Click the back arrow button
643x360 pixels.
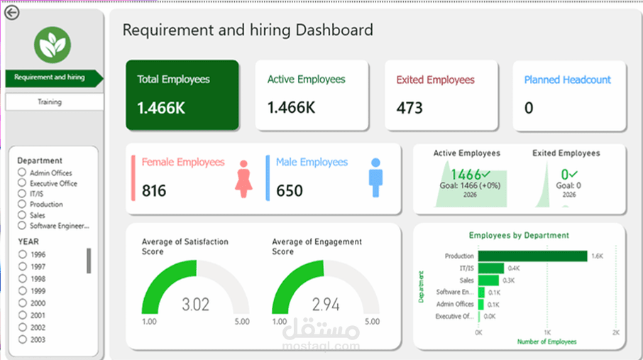click(12, 12)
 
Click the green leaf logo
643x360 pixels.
click(53, 45)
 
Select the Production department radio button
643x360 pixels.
click(22, 204)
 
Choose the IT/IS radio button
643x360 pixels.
click(22, 193)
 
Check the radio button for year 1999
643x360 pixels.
click(23, 291)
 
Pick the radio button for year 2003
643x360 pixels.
click(23, 339)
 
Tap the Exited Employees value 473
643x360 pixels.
click(410, 108)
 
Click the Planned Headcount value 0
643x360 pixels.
click(529, 108)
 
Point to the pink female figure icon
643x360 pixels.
click(243, 179)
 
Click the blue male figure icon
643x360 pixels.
click(375, 178)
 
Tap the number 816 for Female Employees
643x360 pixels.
click(154, 191)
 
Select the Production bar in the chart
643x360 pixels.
click(533, 256)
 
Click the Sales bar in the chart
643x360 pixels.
click(488, 280)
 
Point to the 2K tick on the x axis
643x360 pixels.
click(616, 332)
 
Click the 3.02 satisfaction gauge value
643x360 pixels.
click(196, 305)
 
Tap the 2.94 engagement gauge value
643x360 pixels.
click(326, 305)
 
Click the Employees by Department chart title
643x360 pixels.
click(519, 235)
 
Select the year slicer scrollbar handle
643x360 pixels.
click(89, 261)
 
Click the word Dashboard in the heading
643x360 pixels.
click(334, 30)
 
